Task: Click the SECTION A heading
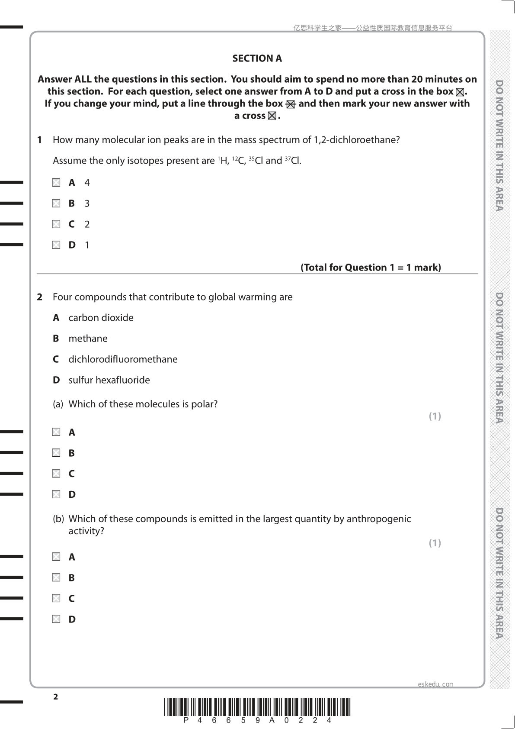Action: click(x=257, y=58)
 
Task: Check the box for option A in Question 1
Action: click(x=56, y=183)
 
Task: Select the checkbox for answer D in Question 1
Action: click(x=56, y=245)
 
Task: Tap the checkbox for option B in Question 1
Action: click(x=56, y=203)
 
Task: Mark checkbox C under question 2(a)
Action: click(x=56, y=474)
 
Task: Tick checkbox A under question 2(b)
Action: click(x=56, y=557)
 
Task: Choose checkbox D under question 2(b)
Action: click(x=56, y=619)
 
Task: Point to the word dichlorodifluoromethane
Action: click(x=123, y=359)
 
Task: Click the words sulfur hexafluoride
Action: click(x=109, y=380)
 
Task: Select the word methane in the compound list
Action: click(x=88, y=339)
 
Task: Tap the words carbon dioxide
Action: click(x=101, y=318)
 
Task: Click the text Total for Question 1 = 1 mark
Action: click(x=371, y=268)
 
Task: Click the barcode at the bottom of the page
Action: click(x=257, y=707)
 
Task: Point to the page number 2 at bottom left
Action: click(x=55, y=697)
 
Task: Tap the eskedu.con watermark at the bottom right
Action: click(x=435, y=684)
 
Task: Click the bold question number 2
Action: click(x=40, y=297)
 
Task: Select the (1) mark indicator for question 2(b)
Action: click(x=435, y=543)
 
